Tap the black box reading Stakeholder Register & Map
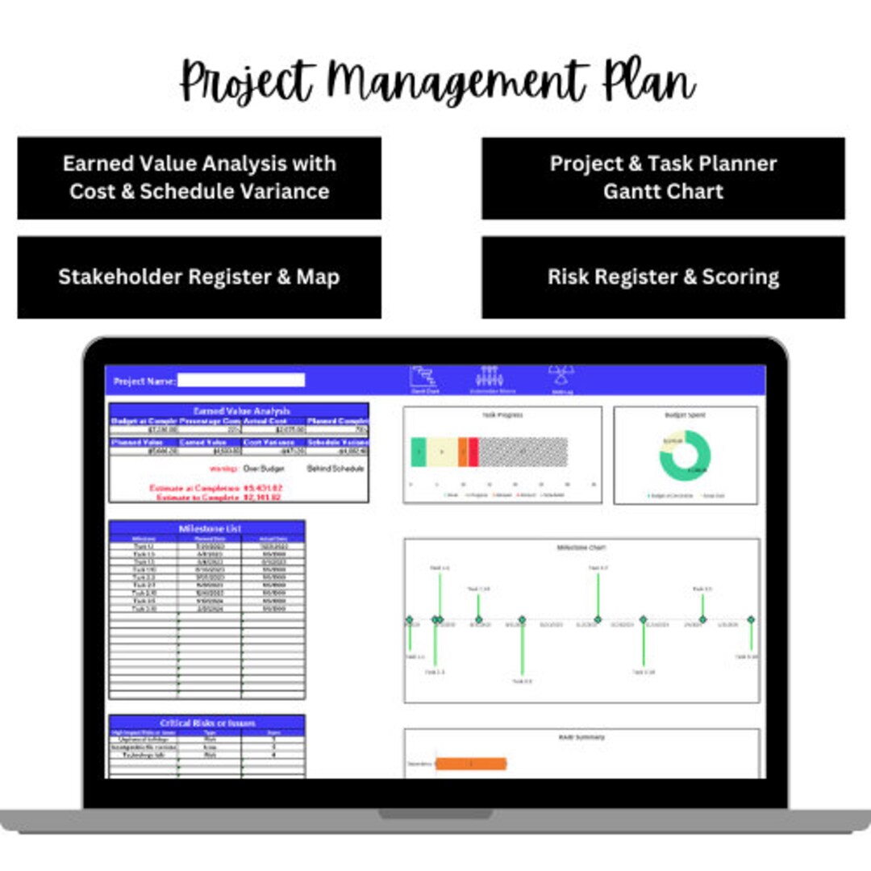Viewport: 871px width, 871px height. pyautogui.click(x=198, y=277)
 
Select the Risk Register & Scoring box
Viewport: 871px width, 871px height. pyautogui.click(x=663, y=277)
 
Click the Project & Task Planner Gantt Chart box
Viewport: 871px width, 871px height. pyautogui.click(x=663, y=177)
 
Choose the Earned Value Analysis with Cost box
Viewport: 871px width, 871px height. pyautogui.click(x=198, y=177)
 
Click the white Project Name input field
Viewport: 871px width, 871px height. pyautogui.click(x=241, y=381)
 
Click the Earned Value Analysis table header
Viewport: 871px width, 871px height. pyautogui.click(x=239, y=410)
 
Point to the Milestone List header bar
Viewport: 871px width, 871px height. pyautogui.click(x=207, y=528)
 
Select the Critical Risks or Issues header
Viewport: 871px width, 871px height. pyautogui.click(x=207, y=723)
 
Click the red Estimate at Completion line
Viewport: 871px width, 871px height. pyautogui.click(x=215, y=488)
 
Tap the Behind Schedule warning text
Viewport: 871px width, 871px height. pyautogui.click(x=335, y=469)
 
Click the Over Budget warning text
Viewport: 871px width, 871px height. pyautogui.click(x=263, y=469)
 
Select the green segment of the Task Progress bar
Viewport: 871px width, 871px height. pyautogui.click(x=418, y=452)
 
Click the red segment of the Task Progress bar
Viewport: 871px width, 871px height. pyautogui.click(x=473, y=452)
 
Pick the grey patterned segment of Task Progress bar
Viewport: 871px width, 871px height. pyautogui.click(x=523, y=452)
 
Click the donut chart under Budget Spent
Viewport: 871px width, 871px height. pyautogui.click(x=685, y=456)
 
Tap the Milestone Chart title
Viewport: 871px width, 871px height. pyautogui.click(x=581, y=548)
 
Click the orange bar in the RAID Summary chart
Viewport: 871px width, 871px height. pyautogui.click(x=471, y=764)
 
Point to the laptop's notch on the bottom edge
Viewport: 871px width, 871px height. pyautogui.click(x=435, y=815)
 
